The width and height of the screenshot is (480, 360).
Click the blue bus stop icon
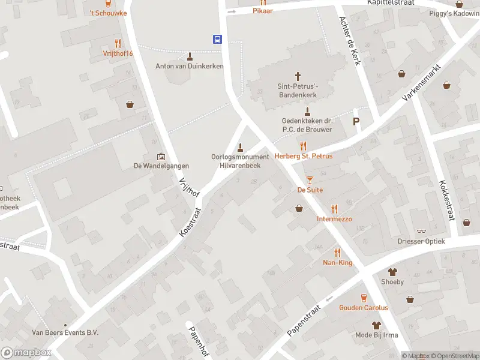coord(217,40)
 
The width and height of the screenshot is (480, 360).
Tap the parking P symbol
coord(356,121)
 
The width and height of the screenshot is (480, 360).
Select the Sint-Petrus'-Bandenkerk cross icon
coord(298,76)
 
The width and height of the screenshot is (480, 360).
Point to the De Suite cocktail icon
coord(310,179)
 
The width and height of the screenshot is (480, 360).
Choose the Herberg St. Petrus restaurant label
coord(304,156)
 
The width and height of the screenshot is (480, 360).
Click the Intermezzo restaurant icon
coord(334,209)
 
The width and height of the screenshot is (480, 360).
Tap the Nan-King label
coord(337,262)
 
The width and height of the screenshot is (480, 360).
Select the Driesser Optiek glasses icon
coord(421,231)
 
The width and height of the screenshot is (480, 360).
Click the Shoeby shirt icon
coord(392,272)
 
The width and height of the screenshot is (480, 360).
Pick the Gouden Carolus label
coord(364,308)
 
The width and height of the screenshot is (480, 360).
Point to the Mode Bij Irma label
coord(377,335)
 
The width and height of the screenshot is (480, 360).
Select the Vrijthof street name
coord(189,190)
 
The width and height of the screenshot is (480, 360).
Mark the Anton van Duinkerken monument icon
coord(190,56)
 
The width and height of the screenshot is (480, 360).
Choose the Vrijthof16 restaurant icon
coord(118,43)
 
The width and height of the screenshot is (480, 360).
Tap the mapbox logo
coord(26,352)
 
